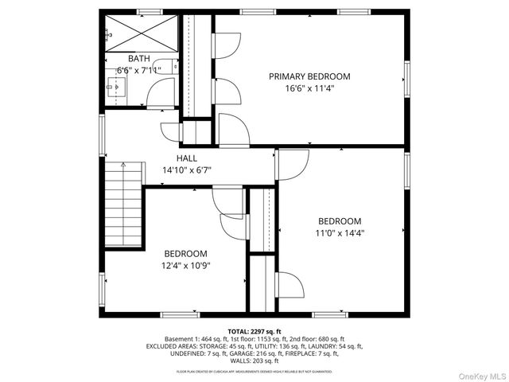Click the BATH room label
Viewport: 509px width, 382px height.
pyautogui.click(x=138, y=58)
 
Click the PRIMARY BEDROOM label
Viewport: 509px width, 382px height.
pyautogui.click(x=309, y=76)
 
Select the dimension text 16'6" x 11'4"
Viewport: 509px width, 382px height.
pyautogui.click(x=309, y=88)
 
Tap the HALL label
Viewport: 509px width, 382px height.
pyautogui.click(x=187, y=158)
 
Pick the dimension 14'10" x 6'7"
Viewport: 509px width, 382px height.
pyautogui.click(x=187, y=170)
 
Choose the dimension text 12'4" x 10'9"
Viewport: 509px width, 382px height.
pyautogui.click(x=186, y=266)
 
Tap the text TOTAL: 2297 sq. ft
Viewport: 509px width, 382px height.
pyautogui.click(x=254, y=331)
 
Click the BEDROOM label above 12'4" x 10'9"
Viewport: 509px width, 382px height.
pyautogui.click(x=185, y=254)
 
